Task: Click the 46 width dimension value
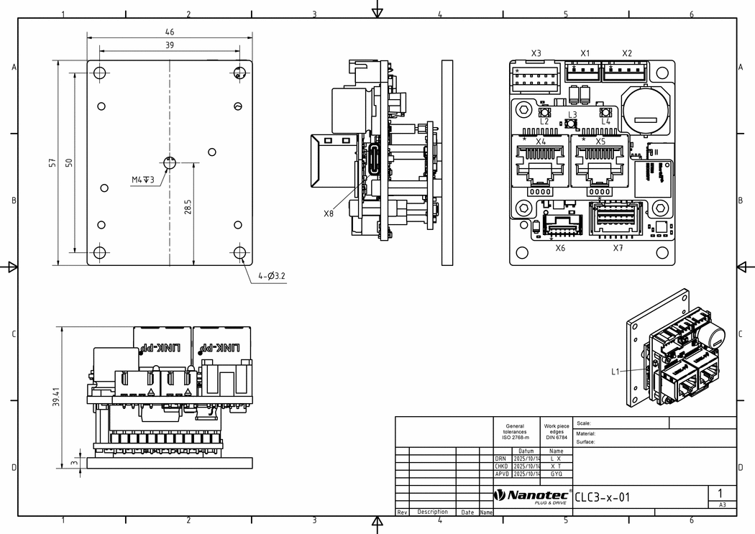point(170,32)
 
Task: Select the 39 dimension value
point(170,45)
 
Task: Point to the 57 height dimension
point(52,163)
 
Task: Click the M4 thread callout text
point(142,180)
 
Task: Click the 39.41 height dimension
point(56,396)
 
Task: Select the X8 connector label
point(329,213)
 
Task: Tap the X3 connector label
point(536,53)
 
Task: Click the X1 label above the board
point(585,53)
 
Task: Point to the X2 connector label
point(627,53)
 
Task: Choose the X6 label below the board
point(560,248)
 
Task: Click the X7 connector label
point(618,248)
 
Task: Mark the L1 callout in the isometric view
point(616,372)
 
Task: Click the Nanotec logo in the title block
point(532,496)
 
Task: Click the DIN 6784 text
point(556,437)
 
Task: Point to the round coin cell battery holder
point(645,110)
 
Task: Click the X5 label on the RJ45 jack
point(600,142)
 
